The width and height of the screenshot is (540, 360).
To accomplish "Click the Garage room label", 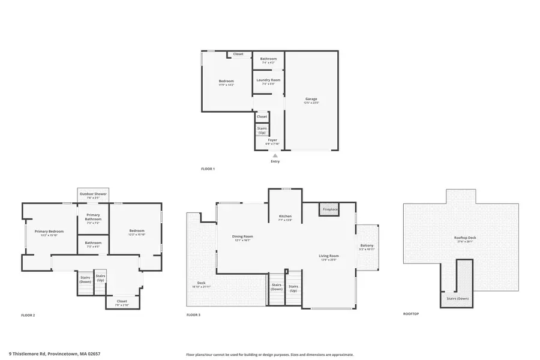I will pos(311,99).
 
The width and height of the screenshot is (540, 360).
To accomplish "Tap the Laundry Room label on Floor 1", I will pos(268,80).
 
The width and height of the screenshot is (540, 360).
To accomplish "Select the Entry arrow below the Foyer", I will pos(275,155).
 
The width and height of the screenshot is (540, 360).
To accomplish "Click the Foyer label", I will pos(272,140).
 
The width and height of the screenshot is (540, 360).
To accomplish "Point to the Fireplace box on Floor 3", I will pos(330,209).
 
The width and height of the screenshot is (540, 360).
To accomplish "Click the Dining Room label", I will pos(242,236).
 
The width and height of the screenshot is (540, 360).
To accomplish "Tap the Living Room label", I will pos(329,256).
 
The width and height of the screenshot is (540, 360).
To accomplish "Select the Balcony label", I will pos(367,245).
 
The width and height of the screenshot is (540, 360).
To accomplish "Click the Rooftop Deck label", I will pos(465,238).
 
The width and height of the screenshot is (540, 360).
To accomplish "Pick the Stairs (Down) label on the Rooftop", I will pos(458,298).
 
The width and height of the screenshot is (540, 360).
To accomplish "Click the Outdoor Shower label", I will pos(93,194).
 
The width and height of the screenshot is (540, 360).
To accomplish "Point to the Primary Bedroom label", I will pos(49,232).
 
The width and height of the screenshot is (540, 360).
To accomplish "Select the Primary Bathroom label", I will pos(93,217).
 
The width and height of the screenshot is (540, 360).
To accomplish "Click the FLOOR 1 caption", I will pos(208,169).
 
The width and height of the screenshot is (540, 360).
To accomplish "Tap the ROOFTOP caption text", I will pos(410,314).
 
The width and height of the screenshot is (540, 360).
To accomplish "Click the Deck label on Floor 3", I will pos(201,283).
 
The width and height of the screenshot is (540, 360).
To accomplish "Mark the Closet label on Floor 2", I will pos(122,301).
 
